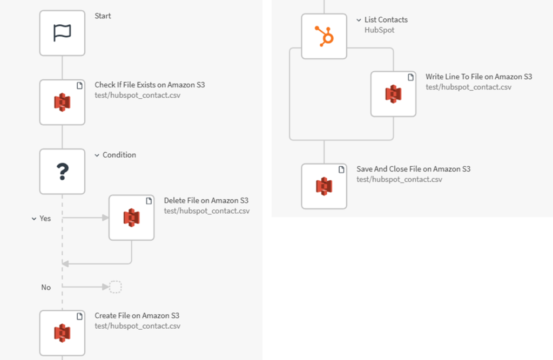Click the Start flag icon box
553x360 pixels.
62,33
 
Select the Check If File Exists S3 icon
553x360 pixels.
62,102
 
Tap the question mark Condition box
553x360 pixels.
62,172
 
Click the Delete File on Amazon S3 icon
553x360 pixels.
131,218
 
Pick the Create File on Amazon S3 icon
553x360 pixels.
62,333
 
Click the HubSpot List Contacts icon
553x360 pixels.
324,37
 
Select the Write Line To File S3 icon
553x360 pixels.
393,94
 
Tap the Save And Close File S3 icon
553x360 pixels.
324,186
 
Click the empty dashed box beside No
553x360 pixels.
116,287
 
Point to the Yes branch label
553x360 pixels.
45,219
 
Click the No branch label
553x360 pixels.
46,287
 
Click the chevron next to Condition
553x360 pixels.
97,155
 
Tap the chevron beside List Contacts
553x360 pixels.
359,20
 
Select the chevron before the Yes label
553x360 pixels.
34,219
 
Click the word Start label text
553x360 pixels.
103,16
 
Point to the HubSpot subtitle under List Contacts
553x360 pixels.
379,30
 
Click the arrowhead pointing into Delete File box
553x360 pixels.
105,218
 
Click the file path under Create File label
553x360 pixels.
137,326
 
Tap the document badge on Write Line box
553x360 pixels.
410,77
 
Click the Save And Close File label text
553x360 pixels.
413,169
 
